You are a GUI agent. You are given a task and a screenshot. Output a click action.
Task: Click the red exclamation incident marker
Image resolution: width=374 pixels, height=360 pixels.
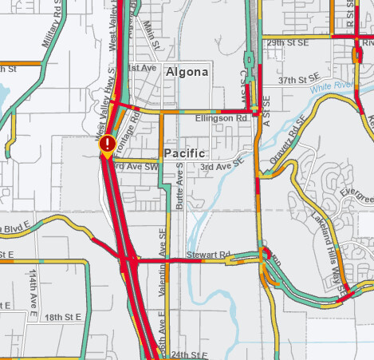click(106, 144)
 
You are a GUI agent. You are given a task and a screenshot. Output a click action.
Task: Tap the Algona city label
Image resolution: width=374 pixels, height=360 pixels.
click(187, 73)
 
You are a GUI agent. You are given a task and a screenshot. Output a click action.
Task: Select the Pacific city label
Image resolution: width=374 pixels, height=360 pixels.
click(185, 152)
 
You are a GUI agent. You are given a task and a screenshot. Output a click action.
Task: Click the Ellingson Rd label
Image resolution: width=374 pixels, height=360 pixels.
click(221, 118)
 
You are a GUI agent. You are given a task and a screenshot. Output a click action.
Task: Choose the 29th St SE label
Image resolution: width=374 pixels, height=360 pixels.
click(287, 42)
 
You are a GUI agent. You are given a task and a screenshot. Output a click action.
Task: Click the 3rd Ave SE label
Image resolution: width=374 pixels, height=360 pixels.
click(220, 166)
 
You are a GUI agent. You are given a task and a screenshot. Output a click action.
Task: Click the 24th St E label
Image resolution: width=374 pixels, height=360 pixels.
click(188, 354)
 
